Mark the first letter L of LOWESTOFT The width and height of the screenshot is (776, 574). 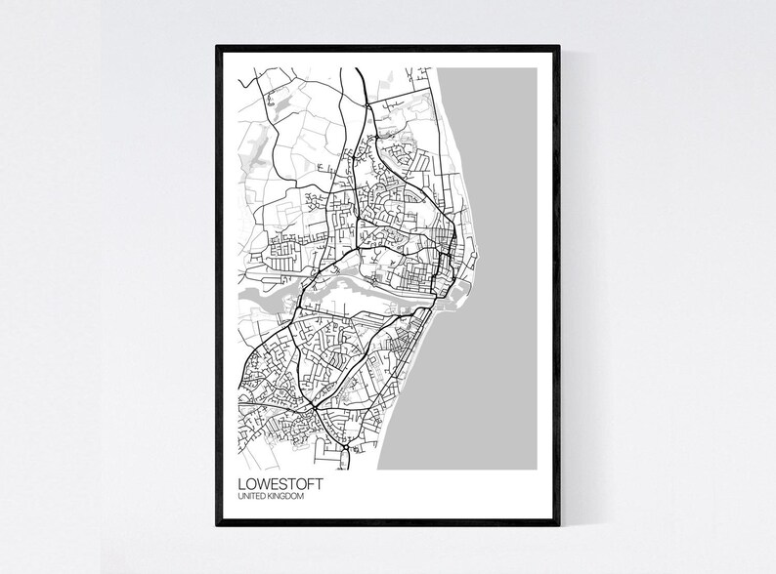pos(240,482)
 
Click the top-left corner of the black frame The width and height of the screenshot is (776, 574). pos(217,46)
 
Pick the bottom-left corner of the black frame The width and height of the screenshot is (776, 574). pos(217,526)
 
